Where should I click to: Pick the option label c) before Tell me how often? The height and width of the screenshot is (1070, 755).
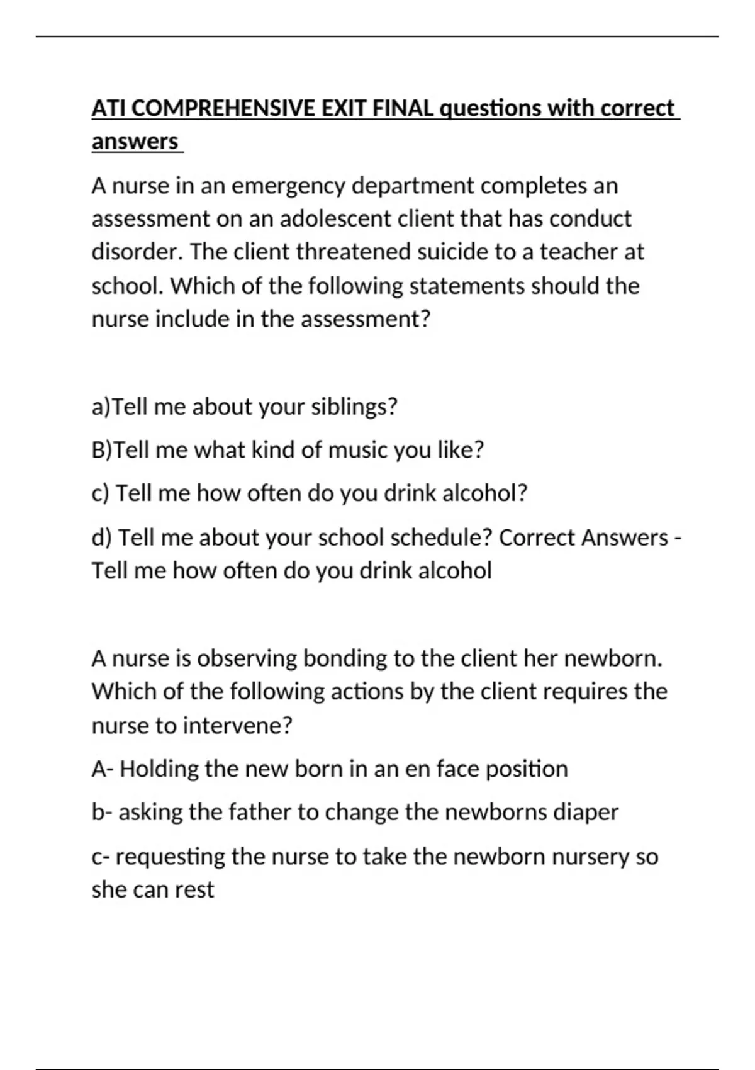point(101,493)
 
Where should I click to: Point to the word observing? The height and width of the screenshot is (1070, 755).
point(247,658)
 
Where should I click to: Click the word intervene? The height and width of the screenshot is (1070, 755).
point(237,726)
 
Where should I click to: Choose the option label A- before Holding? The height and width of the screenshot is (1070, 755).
point(102,769)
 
